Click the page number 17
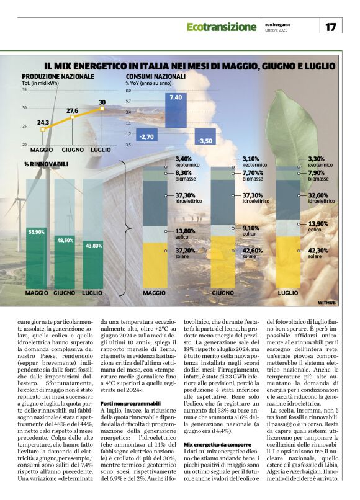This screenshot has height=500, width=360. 330,27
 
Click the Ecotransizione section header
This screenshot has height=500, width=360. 222,27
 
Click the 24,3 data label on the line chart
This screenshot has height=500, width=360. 43,122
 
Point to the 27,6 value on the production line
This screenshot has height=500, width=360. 72,110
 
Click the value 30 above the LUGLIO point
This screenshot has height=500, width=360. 102,102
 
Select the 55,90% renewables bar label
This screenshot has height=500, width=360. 37,231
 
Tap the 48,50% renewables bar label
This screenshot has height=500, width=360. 65,239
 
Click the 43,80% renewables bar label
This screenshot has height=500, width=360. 94,246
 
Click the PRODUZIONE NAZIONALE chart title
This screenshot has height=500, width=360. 58,76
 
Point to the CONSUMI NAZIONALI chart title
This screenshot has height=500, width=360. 155,76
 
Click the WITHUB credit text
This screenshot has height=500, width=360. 326,302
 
